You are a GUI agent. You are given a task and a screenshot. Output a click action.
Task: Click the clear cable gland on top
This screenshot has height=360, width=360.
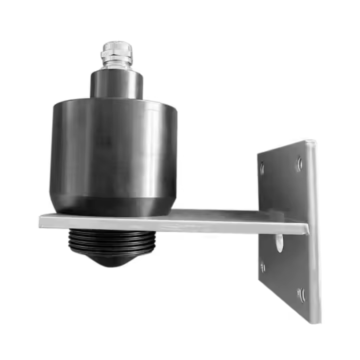coord(116,54)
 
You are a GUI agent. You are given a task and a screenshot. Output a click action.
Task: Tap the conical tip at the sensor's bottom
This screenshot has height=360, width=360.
coord(113,259)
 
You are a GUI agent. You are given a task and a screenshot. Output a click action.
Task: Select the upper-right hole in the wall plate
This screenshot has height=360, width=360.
coord(299,162)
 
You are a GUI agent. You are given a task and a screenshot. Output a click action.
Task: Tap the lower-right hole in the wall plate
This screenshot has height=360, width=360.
coord(300,294)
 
